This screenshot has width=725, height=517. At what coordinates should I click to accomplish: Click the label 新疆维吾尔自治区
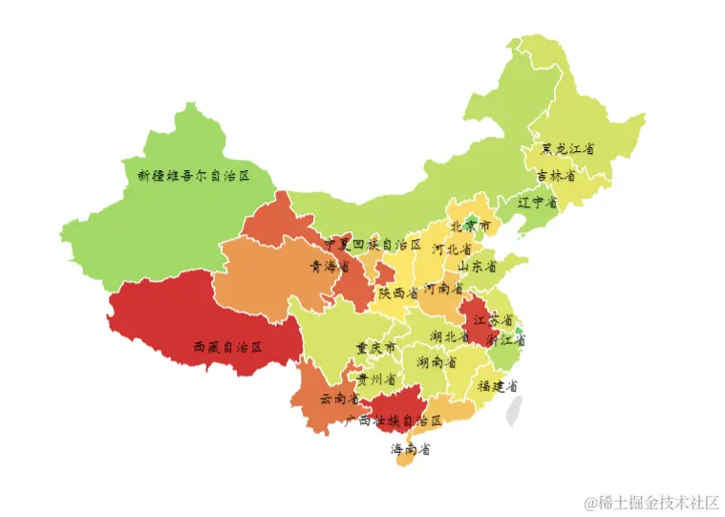click(x=193, y=176)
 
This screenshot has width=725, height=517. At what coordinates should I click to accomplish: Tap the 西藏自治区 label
click(x=227, y=347)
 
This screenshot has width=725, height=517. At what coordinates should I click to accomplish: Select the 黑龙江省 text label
click(x=568, y=149)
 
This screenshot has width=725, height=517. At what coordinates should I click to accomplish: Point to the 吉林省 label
click(x=556, y=176)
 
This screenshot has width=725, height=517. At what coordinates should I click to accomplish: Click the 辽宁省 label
click(x=537, y=203)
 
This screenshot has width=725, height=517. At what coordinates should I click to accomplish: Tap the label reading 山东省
click(x=477, y=267)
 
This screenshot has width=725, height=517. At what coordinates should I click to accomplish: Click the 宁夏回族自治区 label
click(x=372, y=246)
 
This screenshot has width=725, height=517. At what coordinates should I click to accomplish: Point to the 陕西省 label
click(x=398, y=293)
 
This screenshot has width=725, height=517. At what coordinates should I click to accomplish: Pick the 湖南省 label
click(x=436, y=363)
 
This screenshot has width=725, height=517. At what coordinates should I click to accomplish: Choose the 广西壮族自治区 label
click(x=394, y=420)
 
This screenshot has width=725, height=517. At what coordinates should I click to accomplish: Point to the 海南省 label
click(x=410, y=449)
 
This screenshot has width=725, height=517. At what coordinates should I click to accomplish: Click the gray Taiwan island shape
click(x=515, y=409)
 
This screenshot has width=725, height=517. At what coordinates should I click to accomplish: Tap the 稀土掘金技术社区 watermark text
click(x=652, y=502)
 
